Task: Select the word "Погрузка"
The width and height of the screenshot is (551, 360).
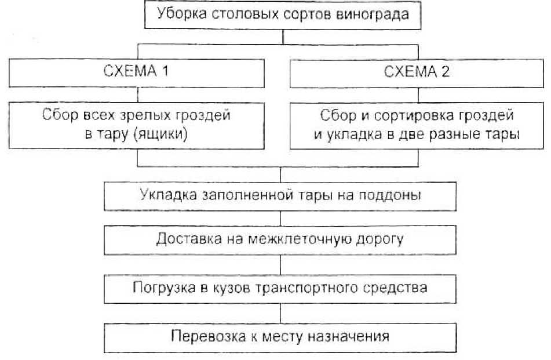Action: [160, 288]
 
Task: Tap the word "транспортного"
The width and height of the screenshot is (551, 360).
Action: [310, 288]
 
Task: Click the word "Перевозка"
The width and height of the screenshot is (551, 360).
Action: [199, 336]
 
